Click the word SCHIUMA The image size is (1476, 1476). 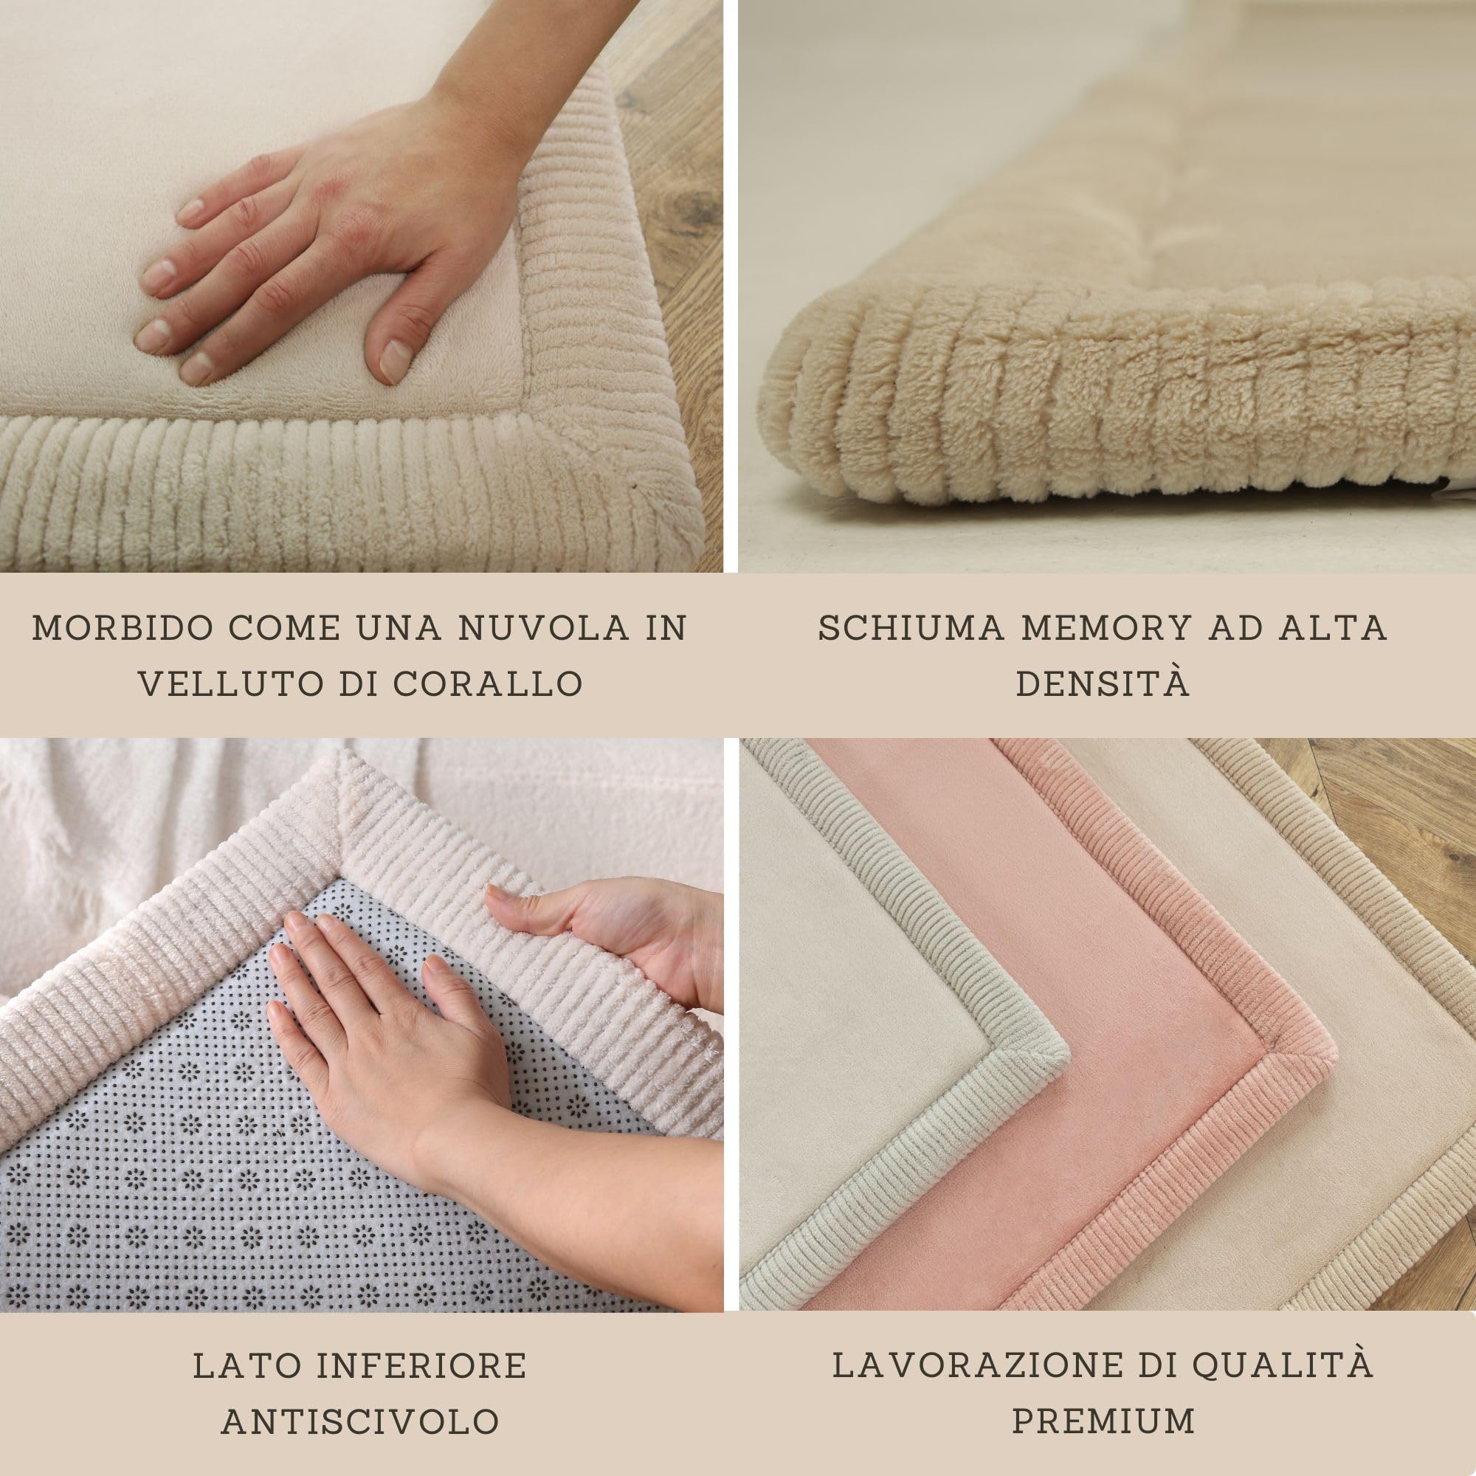click(909, 628)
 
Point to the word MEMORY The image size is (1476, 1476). click(1106, 628)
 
